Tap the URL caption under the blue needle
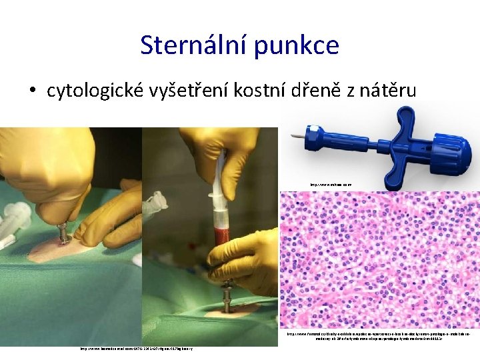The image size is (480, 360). [331, 185]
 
